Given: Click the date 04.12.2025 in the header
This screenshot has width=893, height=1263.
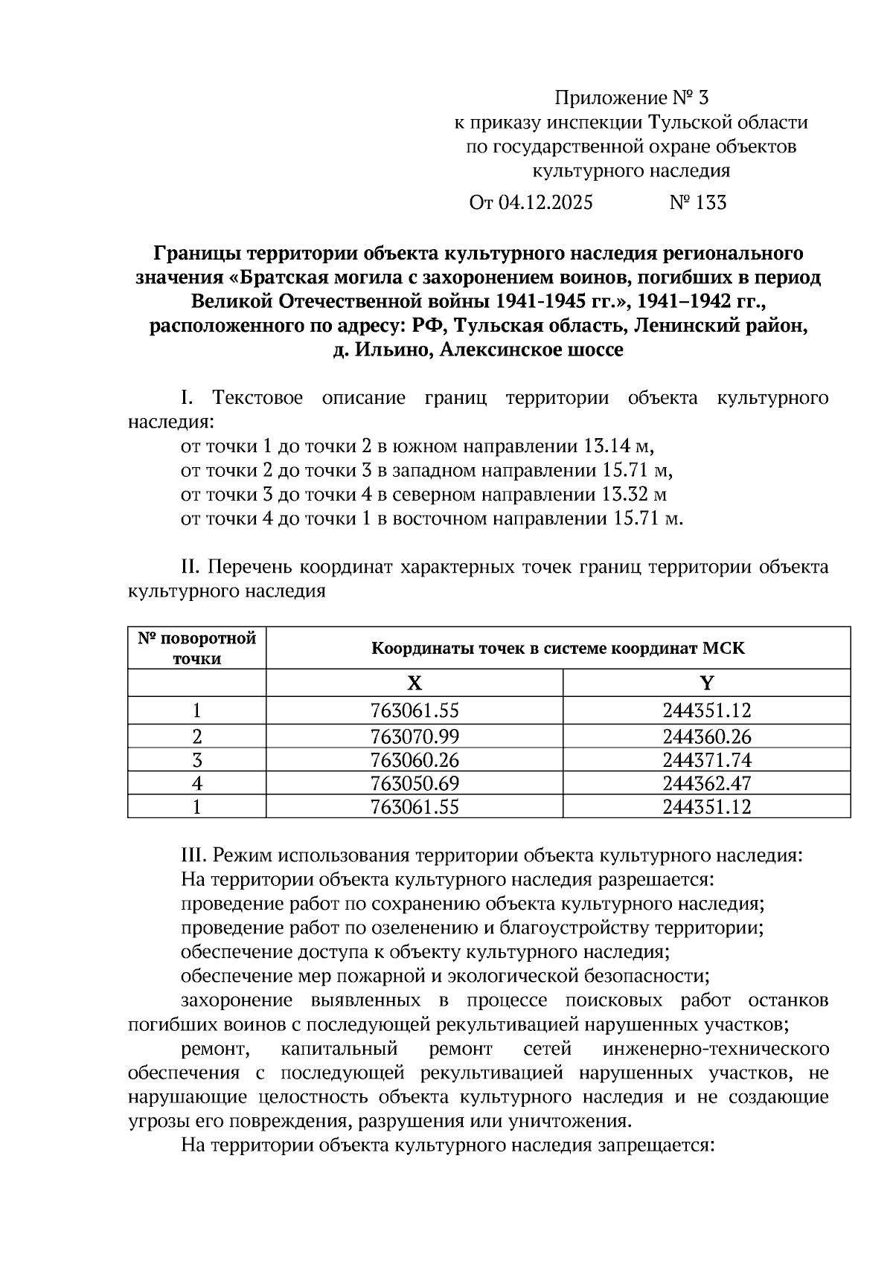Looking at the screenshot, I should click(545, 203).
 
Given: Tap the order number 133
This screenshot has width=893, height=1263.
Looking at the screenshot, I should click(711, 203).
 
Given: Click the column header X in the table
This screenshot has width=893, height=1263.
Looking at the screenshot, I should click(415, 683).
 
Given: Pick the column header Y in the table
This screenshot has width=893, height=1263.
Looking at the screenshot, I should click(707, 683).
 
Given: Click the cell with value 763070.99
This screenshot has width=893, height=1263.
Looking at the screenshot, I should click(415, 737).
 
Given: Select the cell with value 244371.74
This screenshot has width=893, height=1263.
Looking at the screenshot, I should click(707, 760).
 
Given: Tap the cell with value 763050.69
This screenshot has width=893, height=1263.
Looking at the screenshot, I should click(415, 783).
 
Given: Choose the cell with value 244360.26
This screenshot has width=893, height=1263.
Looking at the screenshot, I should click(707, 737).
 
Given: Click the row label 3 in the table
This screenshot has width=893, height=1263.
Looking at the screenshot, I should click(197, 760).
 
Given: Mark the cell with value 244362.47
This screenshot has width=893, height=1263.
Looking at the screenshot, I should click(707, 783).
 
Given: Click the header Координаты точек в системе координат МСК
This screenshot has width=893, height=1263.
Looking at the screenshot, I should click(558, 649).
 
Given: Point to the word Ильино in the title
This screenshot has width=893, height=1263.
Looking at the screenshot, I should click(394, 350).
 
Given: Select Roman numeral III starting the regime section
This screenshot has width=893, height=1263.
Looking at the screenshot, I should click(193, 855).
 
